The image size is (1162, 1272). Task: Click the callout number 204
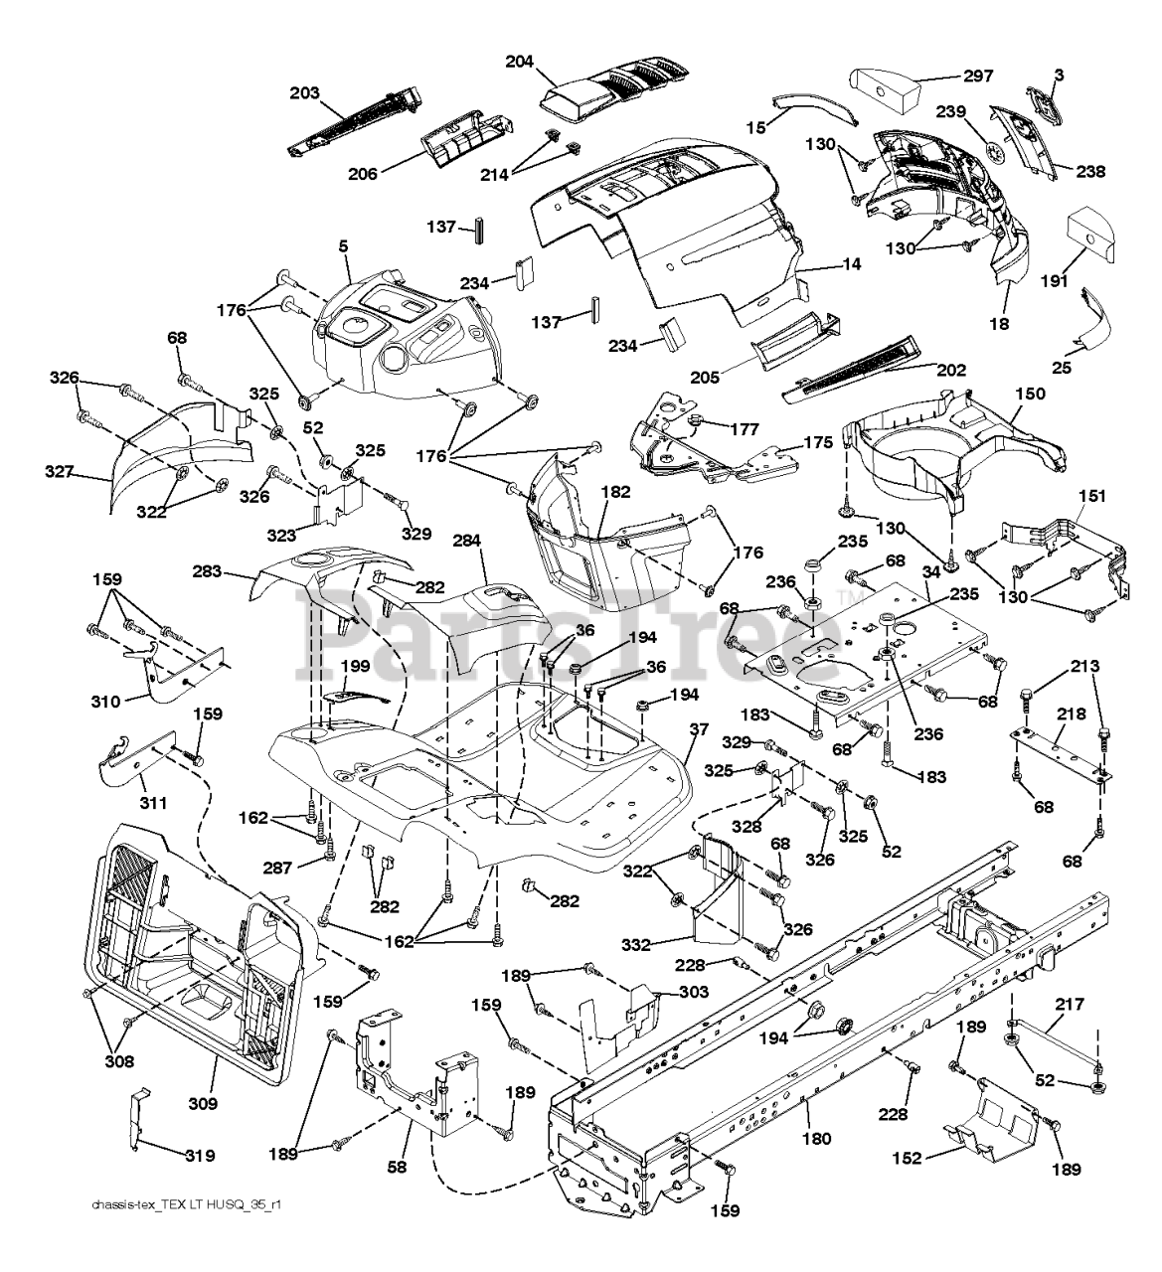coord(520,63)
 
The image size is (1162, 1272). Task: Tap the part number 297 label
coord(978,77)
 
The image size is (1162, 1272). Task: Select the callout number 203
coord(304,93)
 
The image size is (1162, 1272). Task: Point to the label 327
coord(60,471)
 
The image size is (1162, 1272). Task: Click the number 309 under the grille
coord(203,1103)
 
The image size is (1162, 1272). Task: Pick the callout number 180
coord(816,1139)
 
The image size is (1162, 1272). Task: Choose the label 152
coord(907,1159)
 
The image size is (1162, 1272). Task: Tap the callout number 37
coord(699,729)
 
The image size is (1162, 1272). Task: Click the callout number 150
coord(1030,394)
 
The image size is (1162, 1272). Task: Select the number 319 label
coord(200,1156)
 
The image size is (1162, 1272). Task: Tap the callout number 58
coord(397,1166)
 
